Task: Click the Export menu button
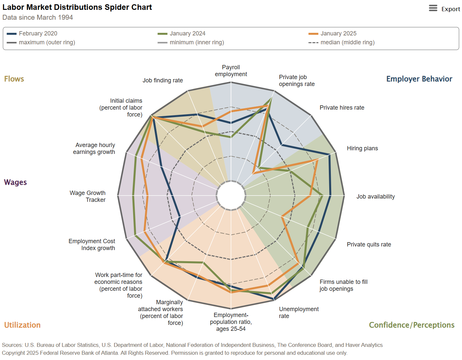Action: [x=444, y=9]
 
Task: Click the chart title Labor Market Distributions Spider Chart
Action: [x=77, y=7]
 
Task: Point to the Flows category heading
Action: [x=14, y=79]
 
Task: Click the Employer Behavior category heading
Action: [x=419, y=79]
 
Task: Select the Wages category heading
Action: [x=15, y=182]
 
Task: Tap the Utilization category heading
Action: [x=22, y=325]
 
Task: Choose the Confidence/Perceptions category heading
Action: [x=412, y=325]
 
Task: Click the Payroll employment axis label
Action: [x=231, y=71]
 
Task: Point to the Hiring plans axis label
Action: [x=362, y=148]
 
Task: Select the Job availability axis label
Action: [x=375, y=197]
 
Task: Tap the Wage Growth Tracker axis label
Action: [x=88, y=196]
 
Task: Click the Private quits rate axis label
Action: [x=369, y=244]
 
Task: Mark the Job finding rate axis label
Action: [x=163, y=80]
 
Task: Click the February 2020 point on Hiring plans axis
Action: [x=329, y=155]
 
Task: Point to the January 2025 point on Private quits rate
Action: [x=282, y=217]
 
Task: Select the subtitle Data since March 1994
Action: [x=38, y=17]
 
